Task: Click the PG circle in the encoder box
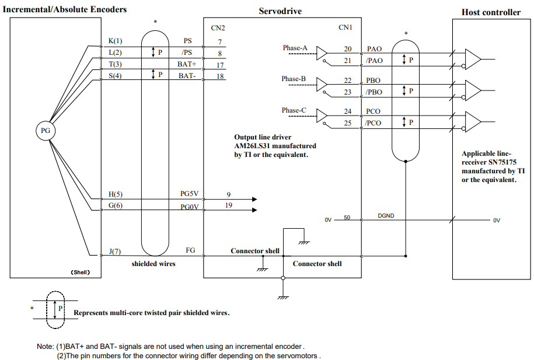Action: (46, 131)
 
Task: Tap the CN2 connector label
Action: (218, 28)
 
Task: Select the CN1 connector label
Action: (345, 27)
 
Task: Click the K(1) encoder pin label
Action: (115, 41)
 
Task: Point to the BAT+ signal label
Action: (187, 64)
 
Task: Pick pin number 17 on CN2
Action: (220, 65)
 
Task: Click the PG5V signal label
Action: (189, 194)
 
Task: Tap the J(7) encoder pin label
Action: (115, 251)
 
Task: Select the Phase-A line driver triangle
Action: (322, 53)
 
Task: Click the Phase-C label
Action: (294, 110)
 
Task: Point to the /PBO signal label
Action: (374, 92)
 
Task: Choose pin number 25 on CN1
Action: (347, 123)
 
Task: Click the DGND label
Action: (386, 215)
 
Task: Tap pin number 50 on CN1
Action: (347, 217)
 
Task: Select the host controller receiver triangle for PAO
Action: (473, 60)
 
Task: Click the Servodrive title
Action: (280, 11)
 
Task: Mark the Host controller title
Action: (491, 12)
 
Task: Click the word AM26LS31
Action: (252, 146)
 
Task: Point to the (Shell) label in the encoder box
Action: (81, 272)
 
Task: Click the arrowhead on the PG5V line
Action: (254, 199)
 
